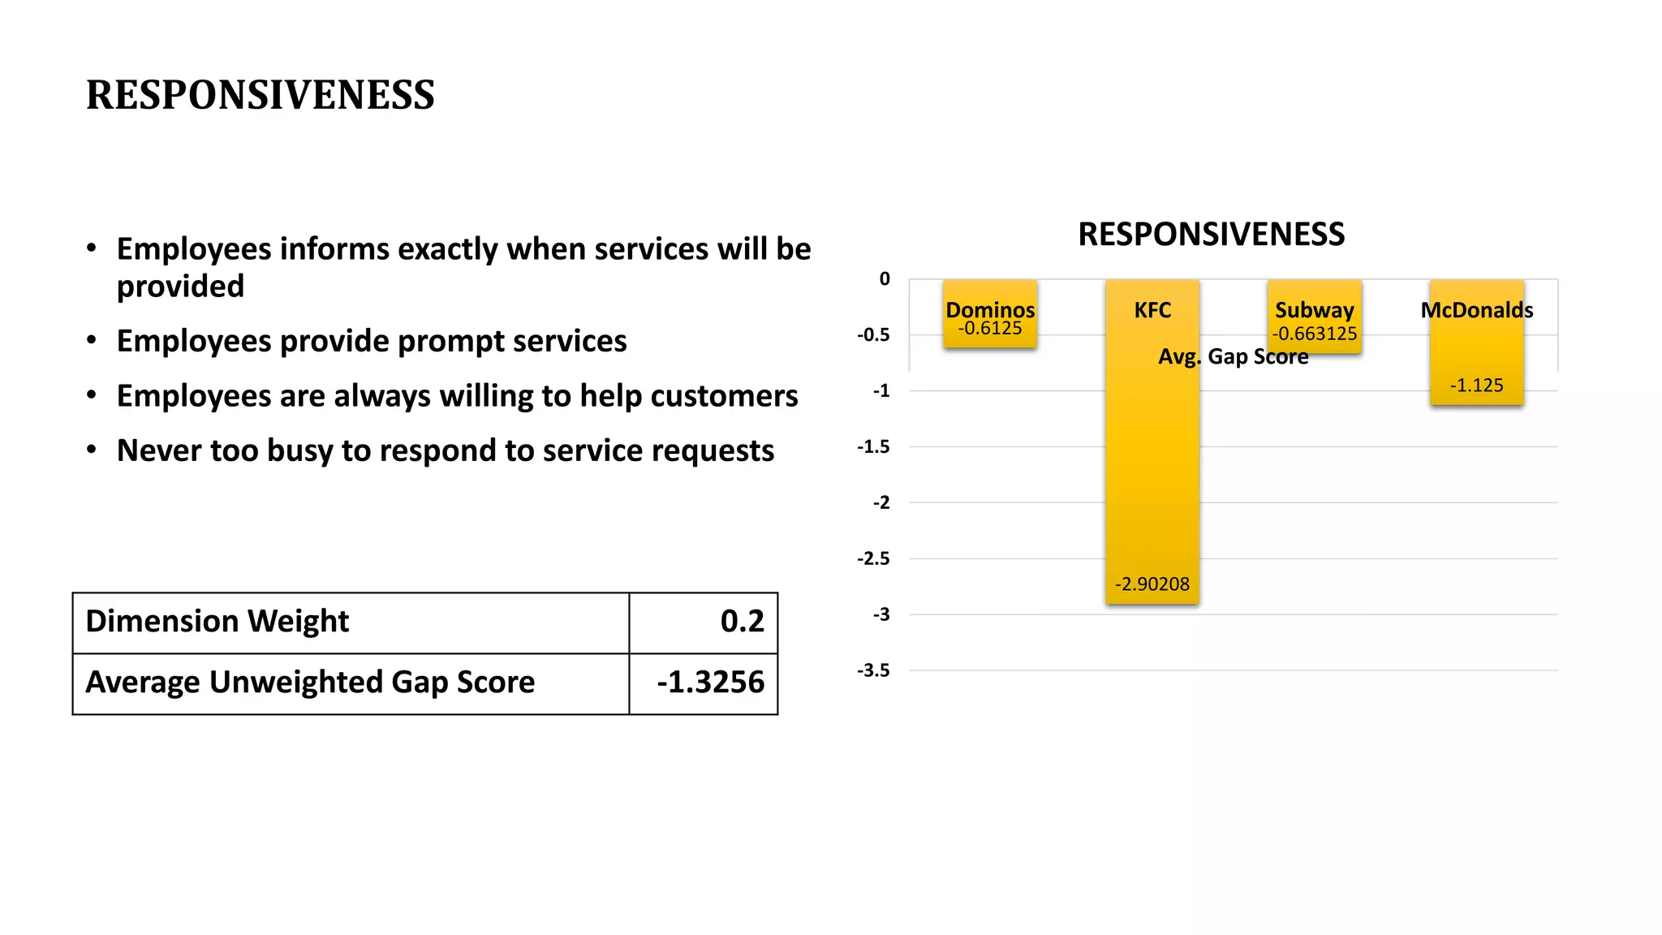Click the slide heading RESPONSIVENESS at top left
click(x=260, y=95)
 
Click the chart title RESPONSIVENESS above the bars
click(x=1211, y=235)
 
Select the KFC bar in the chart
click(x=1152, y=471)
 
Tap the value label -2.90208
click(x=1152, y=584)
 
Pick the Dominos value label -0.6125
click(x=989, y=329)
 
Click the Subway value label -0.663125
click(x=1314, y=334)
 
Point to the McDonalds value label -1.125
click(x=1476, y=386)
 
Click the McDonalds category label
click(x=1476, y=310)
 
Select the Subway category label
click(x=1314, y=310)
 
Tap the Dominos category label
click(x=990, y=309)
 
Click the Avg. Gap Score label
click(x=1233, y=357)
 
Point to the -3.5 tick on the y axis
click(x=873, y=670)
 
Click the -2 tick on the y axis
click(x=881, y=503)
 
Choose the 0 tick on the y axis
click(x=885, y=279)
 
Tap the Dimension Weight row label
click(x=217, y=622)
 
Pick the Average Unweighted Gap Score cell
click(x=310, y=683)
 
